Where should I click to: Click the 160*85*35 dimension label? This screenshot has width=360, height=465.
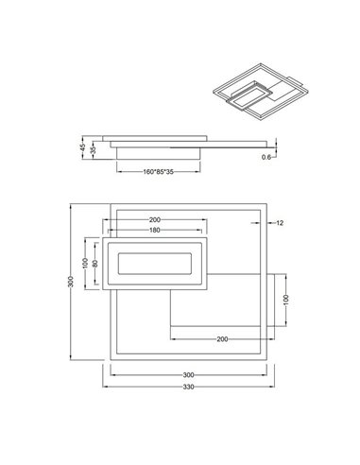(x=159, y=171)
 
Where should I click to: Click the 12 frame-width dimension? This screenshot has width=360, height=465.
(x=282, y=222)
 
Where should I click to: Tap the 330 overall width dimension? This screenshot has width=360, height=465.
(x=189, y=387)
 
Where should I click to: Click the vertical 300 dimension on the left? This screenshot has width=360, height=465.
(x=72, y=284)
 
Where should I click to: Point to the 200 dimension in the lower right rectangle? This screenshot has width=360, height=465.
(x=220, y=337)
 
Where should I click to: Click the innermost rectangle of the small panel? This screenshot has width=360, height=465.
(x=154, y=263)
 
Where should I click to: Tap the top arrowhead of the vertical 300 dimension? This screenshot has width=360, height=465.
(x=76, y=204)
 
